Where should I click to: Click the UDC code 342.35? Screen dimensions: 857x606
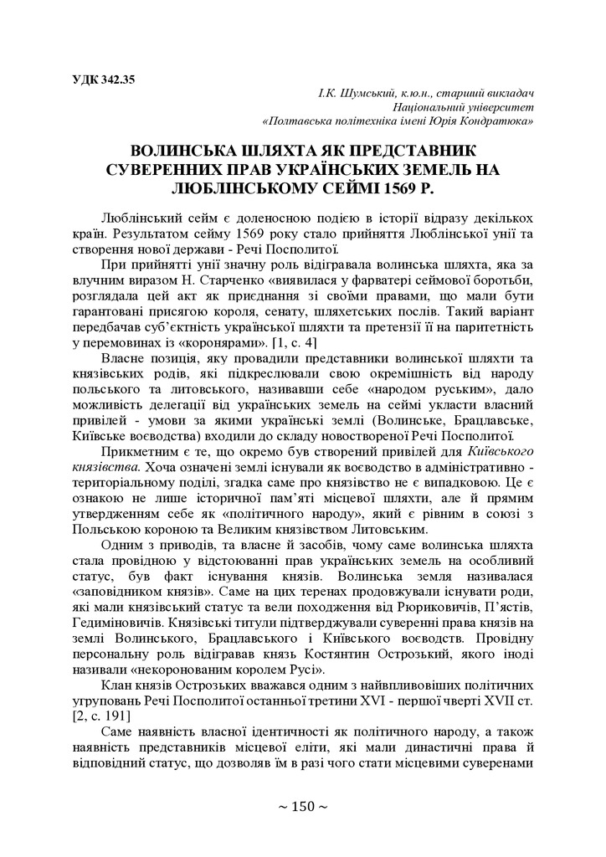115,80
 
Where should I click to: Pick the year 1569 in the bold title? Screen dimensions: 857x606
419,186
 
